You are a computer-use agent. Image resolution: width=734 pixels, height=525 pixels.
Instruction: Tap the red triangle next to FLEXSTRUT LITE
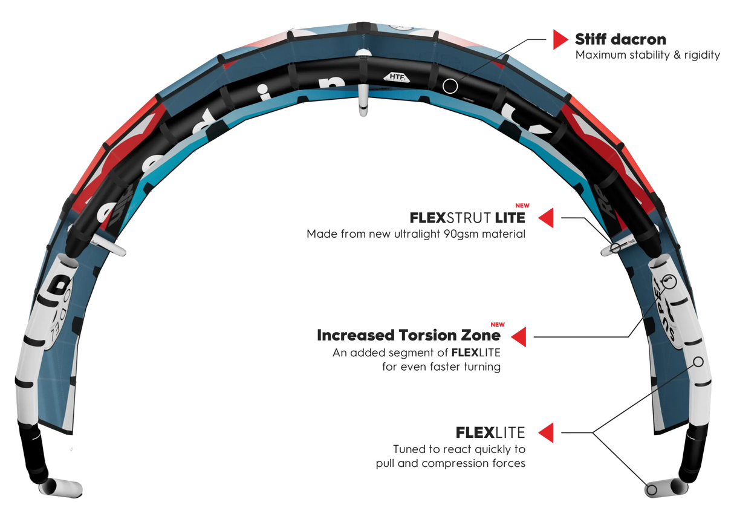click(546, 218)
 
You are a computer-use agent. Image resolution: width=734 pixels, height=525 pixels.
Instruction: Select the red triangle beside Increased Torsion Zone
click(519, 336)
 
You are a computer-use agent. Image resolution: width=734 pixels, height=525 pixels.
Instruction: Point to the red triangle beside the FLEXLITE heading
click(546, 433)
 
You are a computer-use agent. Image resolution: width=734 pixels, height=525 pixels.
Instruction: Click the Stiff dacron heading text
click(620, 41)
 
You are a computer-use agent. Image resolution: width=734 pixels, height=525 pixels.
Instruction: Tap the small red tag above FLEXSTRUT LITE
click(518, 206)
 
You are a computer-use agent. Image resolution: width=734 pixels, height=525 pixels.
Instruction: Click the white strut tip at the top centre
click(363, 103)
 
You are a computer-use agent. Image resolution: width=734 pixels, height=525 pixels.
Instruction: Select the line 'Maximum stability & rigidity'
click(647, 56)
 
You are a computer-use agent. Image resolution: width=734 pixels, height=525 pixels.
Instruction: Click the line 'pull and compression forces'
click(450, 464)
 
